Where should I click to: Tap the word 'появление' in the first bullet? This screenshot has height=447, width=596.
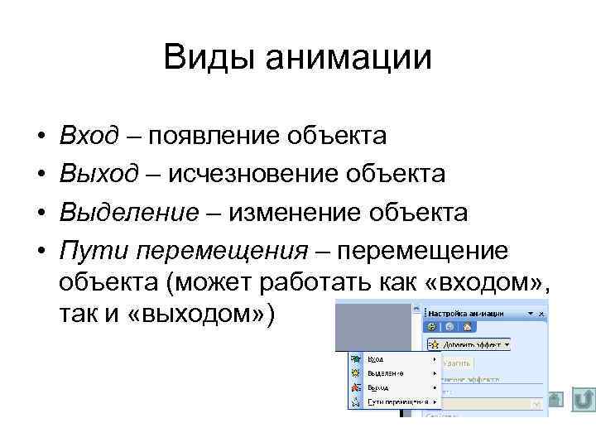(x=211, y=134)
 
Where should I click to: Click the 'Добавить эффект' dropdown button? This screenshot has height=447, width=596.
(x=468, y=343)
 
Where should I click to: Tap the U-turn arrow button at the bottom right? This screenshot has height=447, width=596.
(x=583, y=401)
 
